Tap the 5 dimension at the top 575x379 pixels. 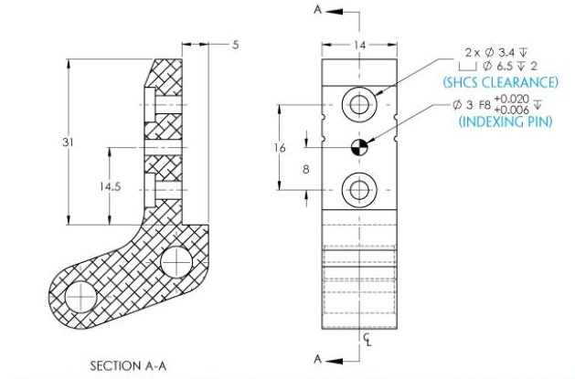(235, 44)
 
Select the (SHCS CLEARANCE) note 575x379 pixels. (500, 82)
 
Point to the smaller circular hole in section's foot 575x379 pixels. (176, 262)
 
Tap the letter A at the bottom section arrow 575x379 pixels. (317, 359)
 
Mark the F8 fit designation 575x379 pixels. (481, 105)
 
